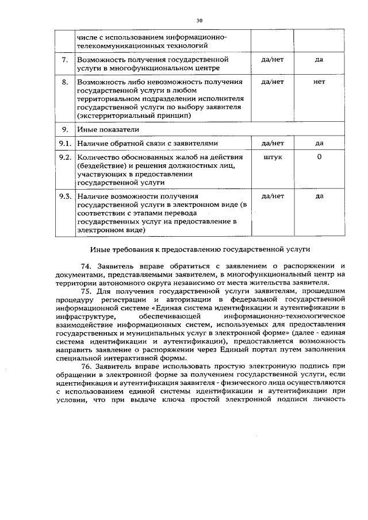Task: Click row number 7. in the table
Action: click(65, 59)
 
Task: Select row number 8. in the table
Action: click(65, 82)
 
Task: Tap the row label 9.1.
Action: click(65, 143)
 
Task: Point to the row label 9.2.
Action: click(65, 157)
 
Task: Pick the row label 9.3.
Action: click(65, 197)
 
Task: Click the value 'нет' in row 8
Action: click(319, 82)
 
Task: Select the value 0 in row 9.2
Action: click(319, 157)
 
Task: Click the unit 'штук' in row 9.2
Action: click(272, 157)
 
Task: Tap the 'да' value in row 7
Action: click(319, 59)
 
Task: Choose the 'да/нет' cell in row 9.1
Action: click(273, 143)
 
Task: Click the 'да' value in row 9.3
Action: click(319, 197)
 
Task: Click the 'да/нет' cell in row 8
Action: click(273, 82)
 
